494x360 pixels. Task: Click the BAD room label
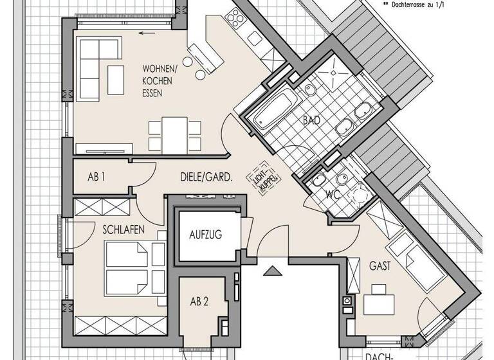312,120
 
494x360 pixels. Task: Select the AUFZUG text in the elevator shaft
205,235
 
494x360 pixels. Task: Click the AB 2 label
199,302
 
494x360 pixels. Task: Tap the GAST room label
381,265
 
